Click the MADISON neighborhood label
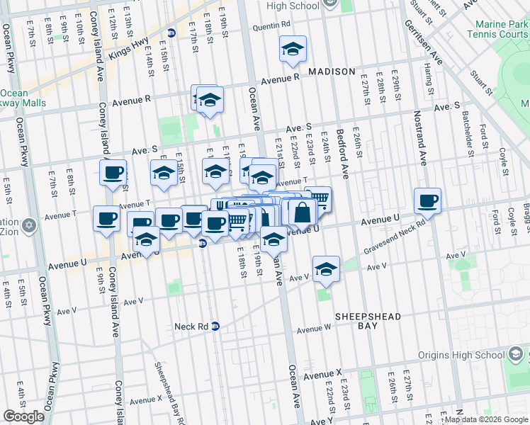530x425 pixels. (x=332, y=72)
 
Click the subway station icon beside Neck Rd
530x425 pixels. (x=215, y=327)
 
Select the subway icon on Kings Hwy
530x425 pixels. (x=171, y=33)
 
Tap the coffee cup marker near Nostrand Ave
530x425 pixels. (x=427, y=201)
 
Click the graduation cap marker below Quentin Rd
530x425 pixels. (x=293, y=50)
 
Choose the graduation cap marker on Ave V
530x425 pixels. (x=326, y=269)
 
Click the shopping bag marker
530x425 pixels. (x=302, y=212)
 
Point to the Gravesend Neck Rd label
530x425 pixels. (x=395, y=238)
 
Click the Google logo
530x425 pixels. (x=24, y=416)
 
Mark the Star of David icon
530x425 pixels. (x=28, y=226)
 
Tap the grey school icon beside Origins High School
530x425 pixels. (x=515, y=354)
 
